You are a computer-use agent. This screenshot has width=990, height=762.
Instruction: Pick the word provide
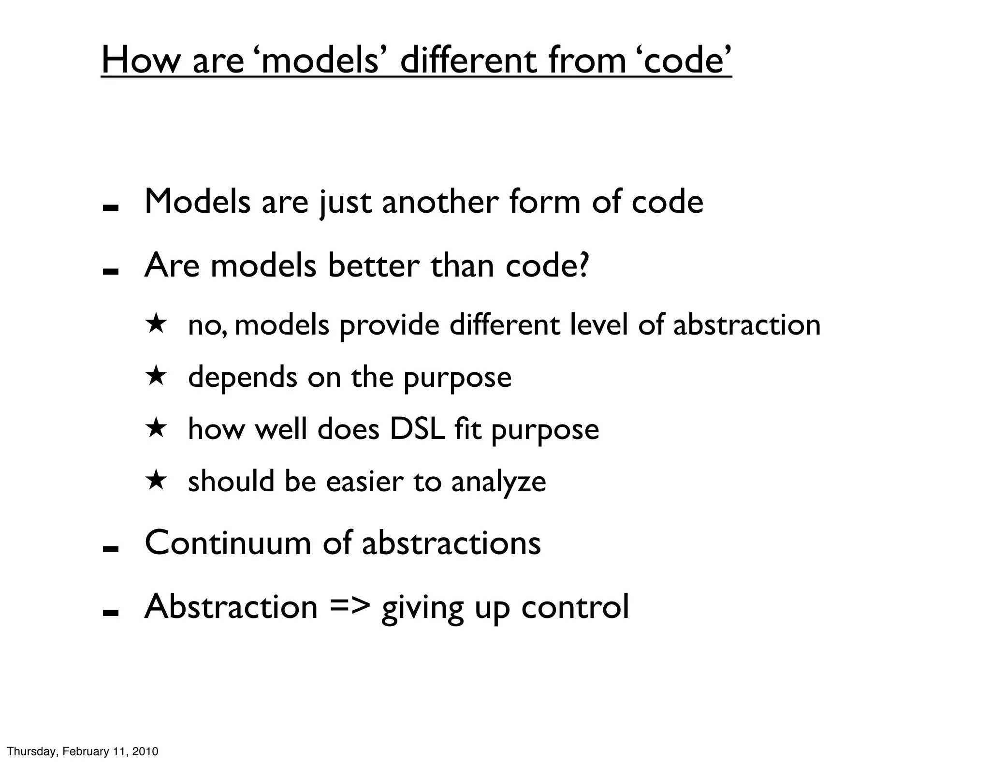point(389,325)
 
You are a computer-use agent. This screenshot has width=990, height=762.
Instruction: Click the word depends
point(242,377)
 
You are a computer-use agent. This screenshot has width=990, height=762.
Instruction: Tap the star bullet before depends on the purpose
point(156,376)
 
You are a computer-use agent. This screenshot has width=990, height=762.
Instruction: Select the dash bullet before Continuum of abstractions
point(111,549)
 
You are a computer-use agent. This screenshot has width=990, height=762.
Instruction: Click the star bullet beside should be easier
point(156,481)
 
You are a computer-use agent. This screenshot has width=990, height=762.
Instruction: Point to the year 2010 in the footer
point(145,751)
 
